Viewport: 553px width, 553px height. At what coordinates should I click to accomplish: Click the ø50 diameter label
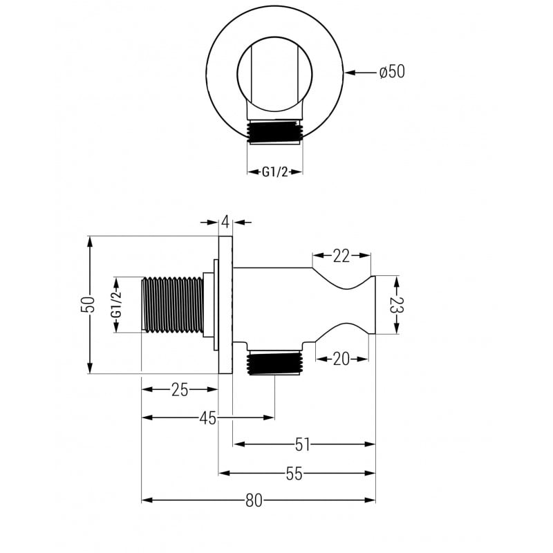click(392, 72)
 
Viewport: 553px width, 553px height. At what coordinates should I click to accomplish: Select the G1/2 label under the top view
click(274, 173)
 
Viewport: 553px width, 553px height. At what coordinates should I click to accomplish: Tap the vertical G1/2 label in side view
click(118, 305)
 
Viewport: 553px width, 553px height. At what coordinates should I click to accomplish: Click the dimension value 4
click(225, 222)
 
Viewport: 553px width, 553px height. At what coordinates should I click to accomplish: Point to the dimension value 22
click(341, 256)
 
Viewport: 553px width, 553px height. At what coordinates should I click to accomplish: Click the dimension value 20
click(341, 358)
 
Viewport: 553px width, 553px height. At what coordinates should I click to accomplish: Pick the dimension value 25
click(180, 390)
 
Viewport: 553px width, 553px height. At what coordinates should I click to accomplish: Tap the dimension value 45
click(208, 418)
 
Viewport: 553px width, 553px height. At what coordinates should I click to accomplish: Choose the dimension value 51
click(303, 444)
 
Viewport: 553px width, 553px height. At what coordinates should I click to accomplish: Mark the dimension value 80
click(254, 500)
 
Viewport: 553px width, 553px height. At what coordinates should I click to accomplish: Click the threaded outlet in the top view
click(275, 132)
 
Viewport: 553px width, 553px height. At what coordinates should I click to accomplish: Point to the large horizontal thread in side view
click(173, 305)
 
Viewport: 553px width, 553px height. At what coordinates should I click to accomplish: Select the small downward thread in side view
click(275, 364)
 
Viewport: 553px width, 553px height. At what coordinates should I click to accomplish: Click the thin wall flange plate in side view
click(226, 305)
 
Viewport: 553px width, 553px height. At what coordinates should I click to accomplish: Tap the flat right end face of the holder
click(374, 305)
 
